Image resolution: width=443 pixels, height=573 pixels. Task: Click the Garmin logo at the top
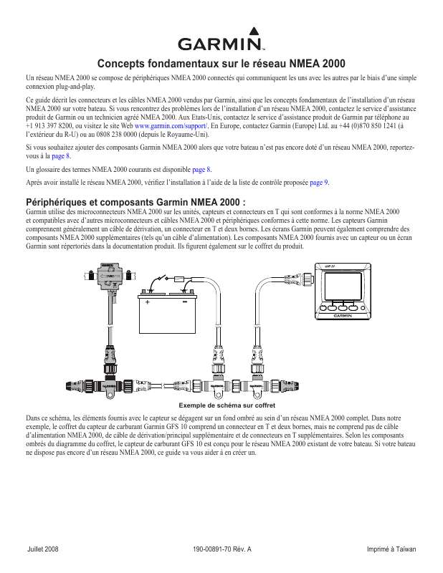221,42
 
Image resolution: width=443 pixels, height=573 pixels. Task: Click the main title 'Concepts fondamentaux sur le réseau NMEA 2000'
221,63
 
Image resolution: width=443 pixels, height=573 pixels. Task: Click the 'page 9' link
320,183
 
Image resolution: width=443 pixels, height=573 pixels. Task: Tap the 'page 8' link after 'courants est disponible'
202,170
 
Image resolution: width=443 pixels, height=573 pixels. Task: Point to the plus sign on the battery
148,302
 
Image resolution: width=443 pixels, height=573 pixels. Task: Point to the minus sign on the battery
184,302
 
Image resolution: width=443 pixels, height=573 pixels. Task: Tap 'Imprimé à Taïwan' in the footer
391,549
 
